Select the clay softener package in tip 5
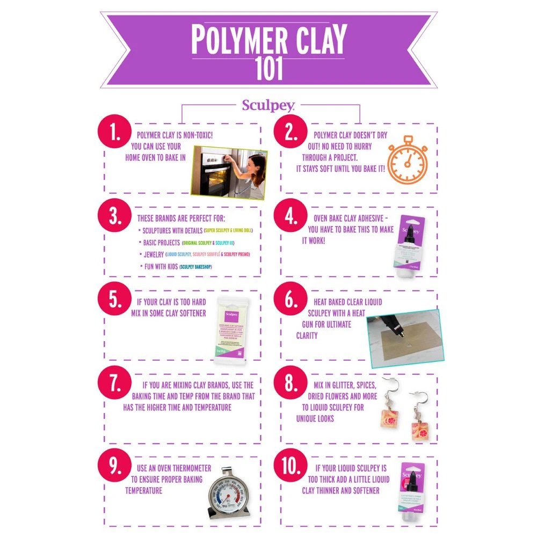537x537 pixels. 231,331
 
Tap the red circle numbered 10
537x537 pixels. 291,467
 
